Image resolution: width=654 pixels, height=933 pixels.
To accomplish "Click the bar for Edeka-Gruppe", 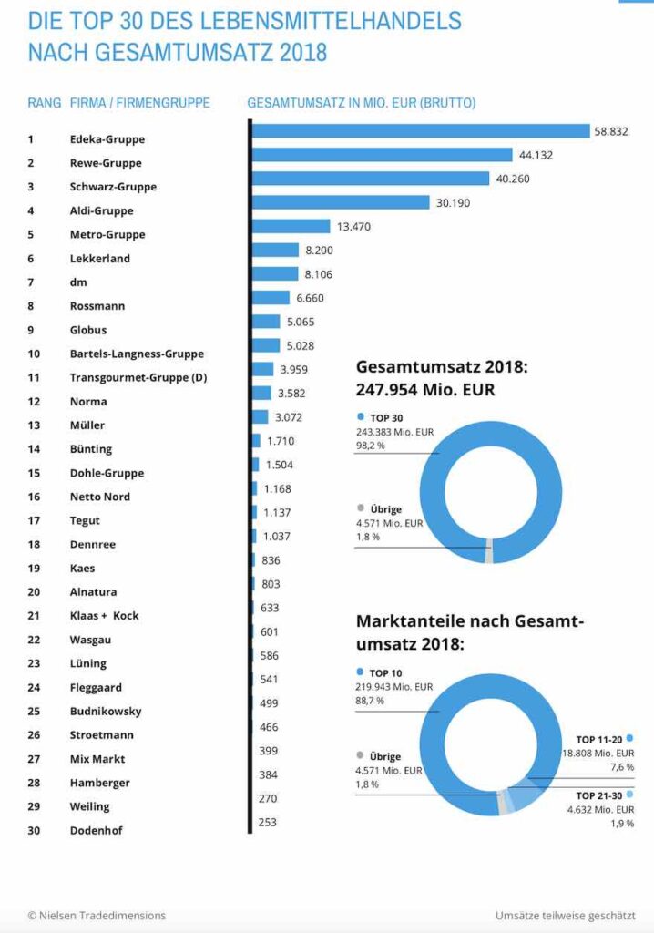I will click(x=420, y=131).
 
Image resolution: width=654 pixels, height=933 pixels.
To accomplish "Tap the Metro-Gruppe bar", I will click(x=291, y=226).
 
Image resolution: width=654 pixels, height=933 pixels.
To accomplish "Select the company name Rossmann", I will click(x=97, y=306).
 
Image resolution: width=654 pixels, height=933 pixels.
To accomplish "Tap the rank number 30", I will click(x=35, y=830).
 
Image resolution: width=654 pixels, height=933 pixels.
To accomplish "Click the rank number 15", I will click(x=35, y=473).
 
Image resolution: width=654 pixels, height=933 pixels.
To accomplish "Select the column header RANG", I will click(x=44, y=103).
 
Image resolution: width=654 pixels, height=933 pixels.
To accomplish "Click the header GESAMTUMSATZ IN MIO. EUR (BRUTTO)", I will click(x=361, y=103).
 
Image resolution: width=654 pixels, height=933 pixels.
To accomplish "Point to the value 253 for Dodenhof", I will click(x=269, y=822).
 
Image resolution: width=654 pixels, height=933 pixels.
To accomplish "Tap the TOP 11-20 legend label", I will click(x=598, y=739).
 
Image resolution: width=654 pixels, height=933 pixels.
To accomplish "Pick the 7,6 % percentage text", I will click(x=621, y=767).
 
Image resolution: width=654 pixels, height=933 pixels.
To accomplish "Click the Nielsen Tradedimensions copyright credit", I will click(x=97, y=916).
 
